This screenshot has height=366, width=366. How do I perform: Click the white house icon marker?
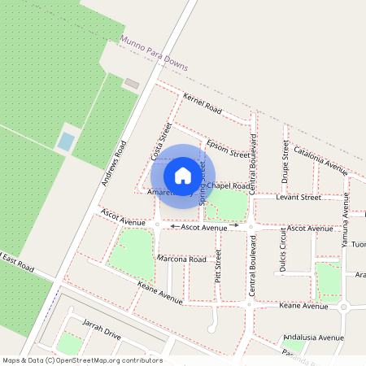(183, 175)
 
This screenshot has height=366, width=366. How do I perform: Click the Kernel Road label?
(203, 103)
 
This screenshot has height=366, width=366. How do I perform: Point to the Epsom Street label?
(228, 149)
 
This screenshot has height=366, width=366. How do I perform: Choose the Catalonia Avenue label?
(321, 160)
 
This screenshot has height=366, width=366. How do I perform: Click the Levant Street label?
(298, 197)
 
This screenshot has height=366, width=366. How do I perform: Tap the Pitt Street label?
(218, 266)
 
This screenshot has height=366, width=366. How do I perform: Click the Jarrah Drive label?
(101, 329)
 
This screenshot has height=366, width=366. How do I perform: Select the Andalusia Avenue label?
(314, 337)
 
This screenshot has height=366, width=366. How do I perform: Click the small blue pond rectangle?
(64, 142)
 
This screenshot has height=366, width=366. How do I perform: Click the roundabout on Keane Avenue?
(343, 307)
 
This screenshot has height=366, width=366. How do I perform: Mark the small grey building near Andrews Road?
(130, 83)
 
